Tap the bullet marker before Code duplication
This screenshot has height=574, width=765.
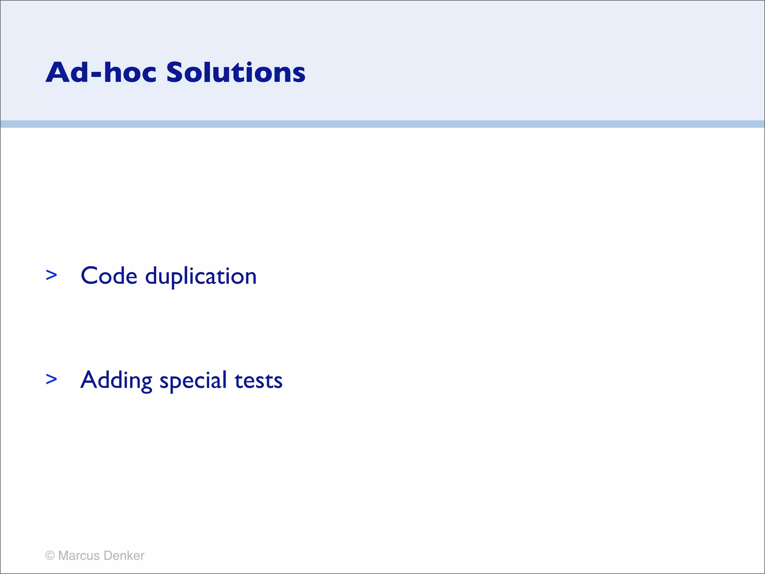coord(51,275)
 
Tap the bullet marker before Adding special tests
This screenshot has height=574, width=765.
coord(51,379)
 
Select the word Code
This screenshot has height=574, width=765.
coord(109,276)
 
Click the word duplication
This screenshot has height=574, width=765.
coord(201,277)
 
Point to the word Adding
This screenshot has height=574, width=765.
coord(116,381)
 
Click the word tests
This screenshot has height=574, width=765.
coord(258,381)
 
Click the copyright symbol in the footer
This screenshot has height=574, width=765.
coord(50,556)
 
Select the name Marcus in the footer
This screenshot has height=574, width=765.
coord(79,556)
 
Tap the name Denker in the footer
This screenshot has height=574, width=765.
coord(124,556)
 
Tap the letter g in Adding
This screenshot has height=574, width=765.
coord(146,383)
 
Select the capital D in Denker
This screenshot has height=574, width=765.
coord(108,556)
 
